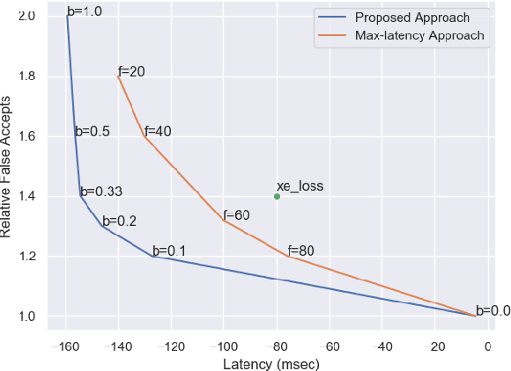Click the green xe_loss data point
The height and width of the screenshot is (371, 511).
pyautogui.click(x=277, y=197)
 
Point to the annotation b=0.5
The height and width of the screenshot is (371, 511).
pyautogui.click(x=92, y=132)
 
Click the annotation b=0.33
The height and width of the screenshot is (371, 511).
pyautogui.click(x=100, y=192)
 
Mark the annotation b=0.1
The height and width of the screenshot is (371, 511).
pyautogui.click(x=168, y=251)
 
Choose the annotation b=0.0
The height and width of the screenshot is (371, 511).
pyautogui.click(x=492, y=310)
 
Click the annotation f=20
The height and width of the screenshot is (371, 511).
pyautogui.click(x=131, y=71)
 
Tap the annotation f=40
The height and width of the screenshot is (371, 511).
pyautogui.click(x=158, y=131)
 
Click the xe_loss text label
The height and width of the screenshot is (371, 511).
pyautogui.click(x=300, y=185)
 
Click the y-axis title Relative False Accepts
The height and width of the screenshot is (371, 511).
pyautogui.click(x=8, y=166)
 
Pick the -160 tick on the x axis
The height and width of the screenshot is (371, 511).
pyautogui.click(x=64, y=345)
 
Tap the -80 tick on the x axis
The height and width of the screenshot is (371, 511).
pyautogui.click(x=277, y=345)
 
